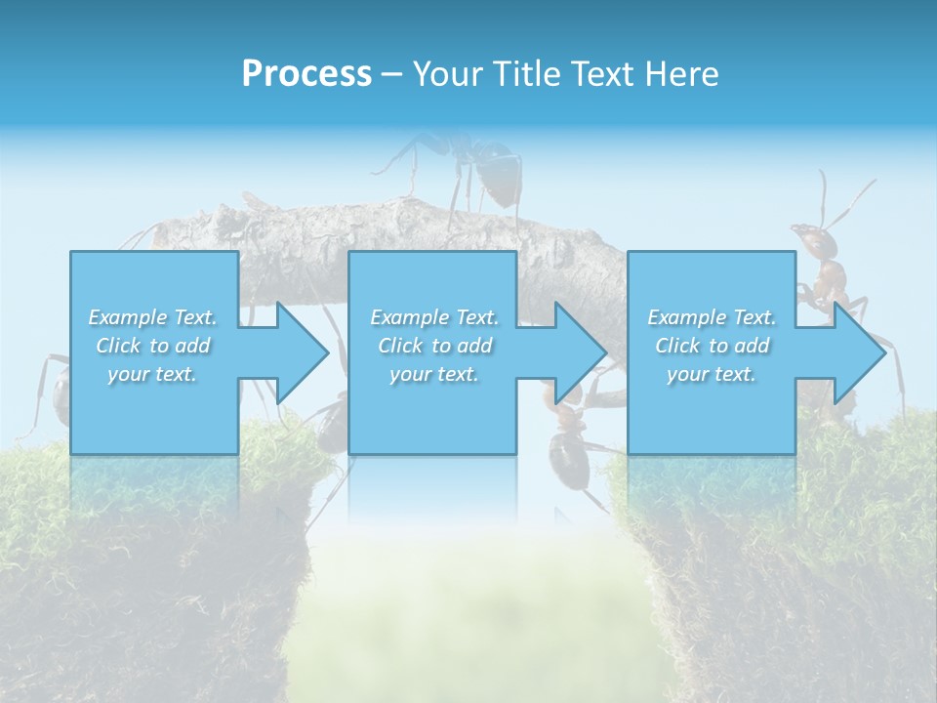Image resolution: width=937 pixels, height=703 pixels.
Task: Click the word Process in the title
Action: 306,74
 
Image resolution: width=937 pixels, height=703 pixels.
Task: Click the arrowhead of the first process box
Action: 301,352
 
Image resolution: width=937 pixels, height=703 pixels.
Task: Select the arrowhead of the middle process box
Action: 579,352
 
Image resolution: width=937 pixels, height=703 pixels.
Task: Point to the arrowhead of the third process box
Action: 858,352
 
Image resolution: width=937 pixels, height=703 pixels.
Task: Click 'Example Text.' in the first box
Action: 152,317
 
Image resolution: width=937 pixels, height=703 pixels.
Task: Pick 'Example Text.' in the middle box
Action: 434,317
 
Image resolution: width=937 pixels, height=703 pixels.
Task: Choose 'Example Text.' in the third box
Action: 712,317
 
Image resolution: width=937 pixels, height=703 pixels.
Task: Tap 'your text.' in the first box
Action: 152,374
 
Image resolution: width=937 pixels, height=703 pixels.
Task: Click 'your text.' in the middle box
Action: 434,374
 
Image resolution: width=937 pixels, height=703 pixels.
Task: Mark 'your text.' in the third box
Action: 712,374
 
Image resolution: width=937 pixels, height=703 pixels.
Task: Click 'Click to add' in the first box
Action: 152,346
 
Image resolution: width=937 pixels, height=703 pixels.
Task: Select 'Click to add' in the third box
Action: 712,346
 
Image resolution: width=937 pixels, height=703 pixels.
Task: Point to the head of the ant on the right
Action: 808,238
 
